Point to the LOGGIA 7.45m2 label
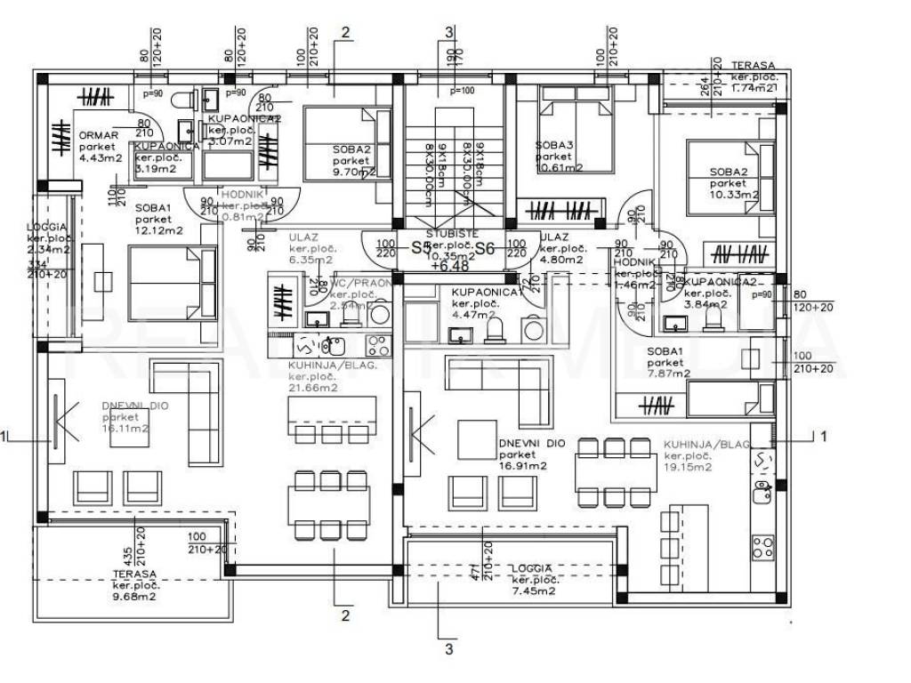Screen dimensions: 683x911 (534, 579)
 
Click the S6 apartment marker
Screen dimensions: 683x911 (484, 249)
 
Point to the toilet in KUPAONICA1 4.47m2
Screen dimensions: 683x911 (495, 331)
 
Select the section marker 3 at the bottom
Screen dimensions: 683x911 (448, 649)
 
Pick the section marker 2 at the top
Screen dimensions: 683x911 (345, 33)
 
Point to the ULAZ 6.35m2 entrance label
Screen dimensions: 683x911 (309, 249)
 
